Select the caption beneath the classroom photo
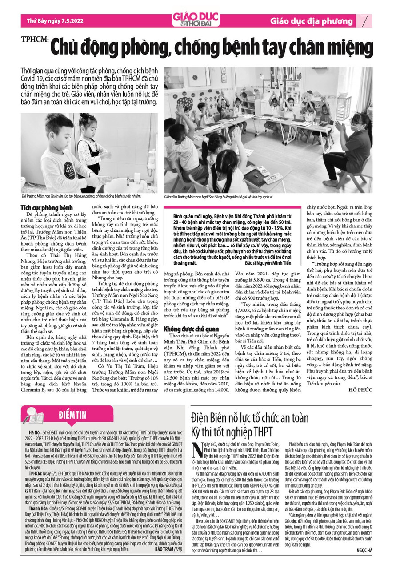[218, 196]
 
